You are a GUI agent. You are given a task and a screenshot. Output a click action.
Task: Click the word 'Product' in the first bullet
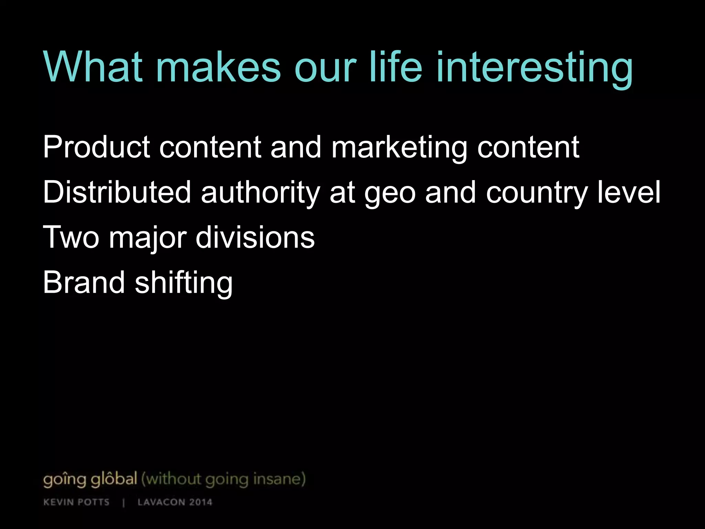point(97,147)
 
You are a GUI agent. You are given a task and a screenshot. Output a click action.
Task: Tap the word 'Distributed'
point(117,192)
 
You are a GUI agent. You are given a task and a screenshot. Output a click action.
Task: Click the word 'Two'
point(71,237)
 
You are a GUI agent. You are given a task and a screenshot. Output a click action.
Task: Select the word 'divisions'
point(255,237)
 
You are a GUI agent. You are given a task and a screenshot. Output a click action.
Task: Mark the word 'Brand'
point(84,282)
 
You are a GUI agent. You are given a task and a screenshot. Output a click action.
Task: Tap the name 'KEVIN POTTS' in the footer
point(76,502)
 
